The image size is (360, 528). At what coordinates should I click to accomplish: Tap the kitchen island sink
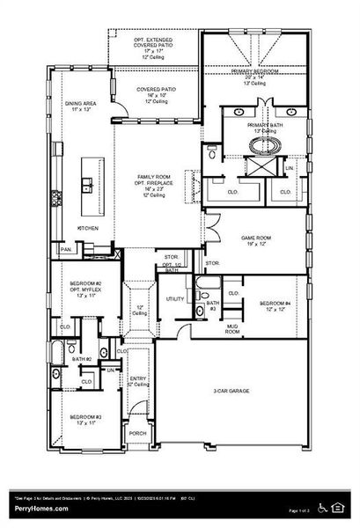tap(86, 185)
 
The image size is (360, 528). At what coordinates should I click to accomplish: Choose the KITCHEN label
tap(89, 229)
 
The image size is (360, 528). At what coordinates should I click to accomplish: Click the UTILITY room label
tap(174, 299)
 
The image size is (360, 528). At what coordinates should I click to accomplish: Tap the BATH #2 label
tap(82, 359)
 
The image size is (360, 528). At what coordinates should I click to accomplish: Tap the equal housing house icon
tap(337, 507)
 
